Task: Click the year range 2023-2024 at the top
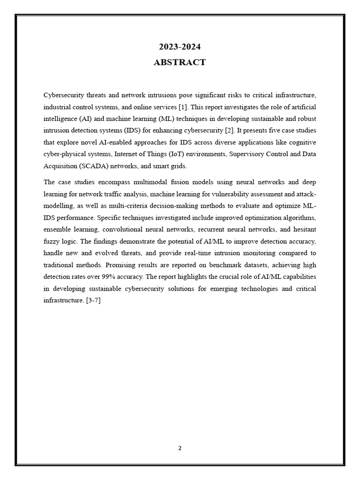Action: pos(180,47)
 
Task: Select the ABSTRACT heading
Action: pos(180,62)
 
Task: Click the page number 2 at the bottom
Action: pos(180,448)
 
